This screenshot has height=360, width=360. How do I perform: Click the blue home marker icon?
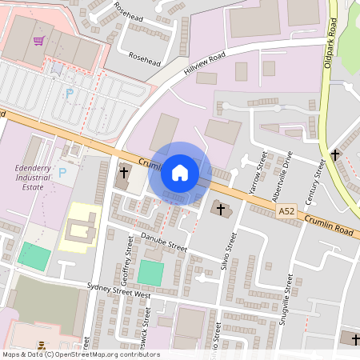pos(180,172)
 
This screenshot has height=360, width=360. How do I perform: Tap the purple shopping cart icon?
pos(38,41)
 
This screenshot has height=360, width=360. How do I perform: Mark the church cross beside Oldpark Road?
pos(334,154)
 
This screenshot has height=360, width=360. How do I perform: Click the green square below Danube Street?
pos(149,272)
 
